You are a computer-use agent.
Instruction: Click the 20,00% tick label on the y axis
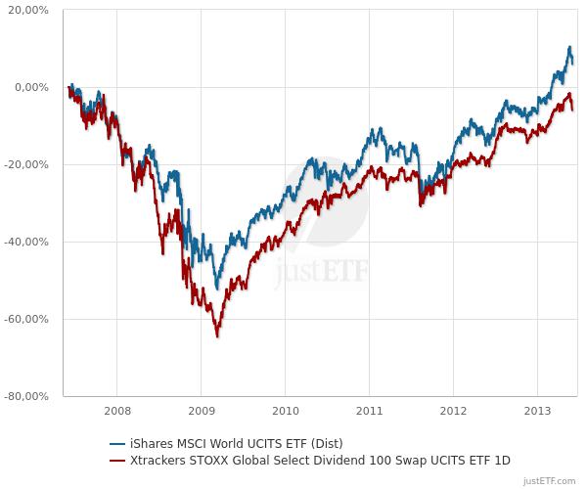pyautogui.click(x=29, y=10)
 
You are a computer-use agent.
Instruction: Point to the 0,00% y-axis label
pyautogui.click(x=32, y=87)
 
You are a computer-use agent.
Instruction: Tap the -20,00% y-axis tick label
pyautogui.click(x=29, y=164)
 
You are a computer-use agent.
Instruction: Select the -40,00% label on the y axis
pyautogui.click(x=29, y=242)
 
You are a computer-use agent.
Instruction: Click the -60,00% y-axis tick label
pyautogui.click(x=29, y=319)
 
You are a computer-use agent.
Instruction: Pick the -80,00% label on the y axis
pyautogui.click(x=29, y=396)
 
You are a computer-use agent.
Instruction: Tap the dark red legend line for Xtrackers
pyautogui.click(x=119, y=460)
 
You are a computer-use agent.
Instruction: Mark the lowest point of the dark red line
pyautogui.click(x=217, y=336)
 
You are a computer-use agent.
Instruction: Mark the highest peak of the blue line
pyautogui.click(x=569, y=47)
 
